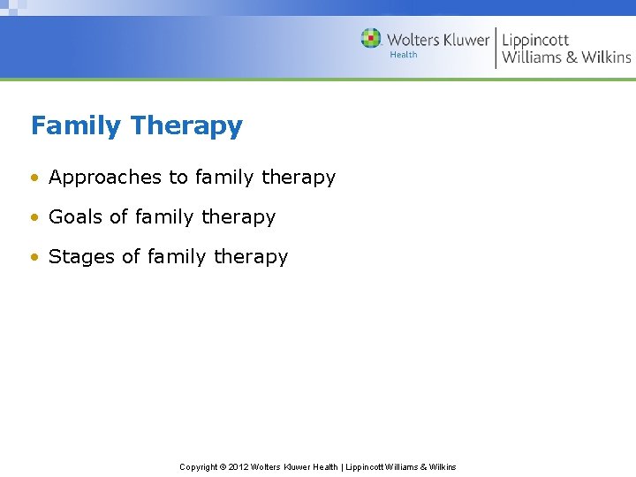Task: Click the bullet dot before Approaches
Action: pyautogui.click(x=34, y=178)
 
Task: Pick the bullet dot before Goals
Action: pyautogui.click(x=34, y=217)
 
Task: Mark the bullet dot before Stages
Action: pyautogui.click(x=34, y=257)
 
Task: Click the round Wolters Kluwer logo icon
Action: pyautogui.click(x=371, y=39)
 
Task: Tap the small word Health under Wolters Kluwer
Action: pyautogui.click(x=404, y=55)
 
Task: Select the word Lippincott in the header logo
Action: pyautogui.click(x=536, y=40)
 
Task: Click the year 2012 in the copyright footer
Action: pyautogui.click(x=238, y=466)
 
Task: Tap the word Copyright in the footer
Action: pyautogui.click(x=199, y=466)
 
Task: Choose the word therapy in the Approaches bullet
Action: pyautogui.click(x=299, y=178)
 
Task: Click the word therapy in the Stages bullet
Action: pyautogui.click(x=251, y=257)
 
